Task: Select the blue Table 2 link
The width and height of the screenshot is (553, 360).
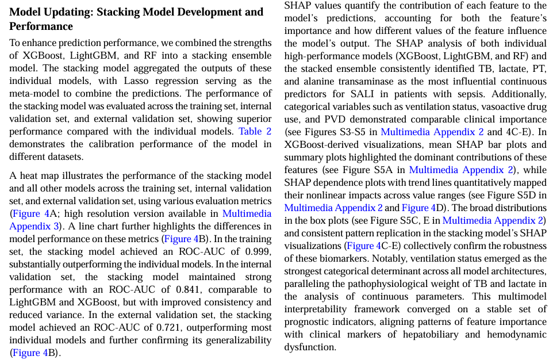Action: click(255, 131)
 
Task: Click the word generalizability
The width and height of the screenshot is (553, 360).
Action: click(232, 340)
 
